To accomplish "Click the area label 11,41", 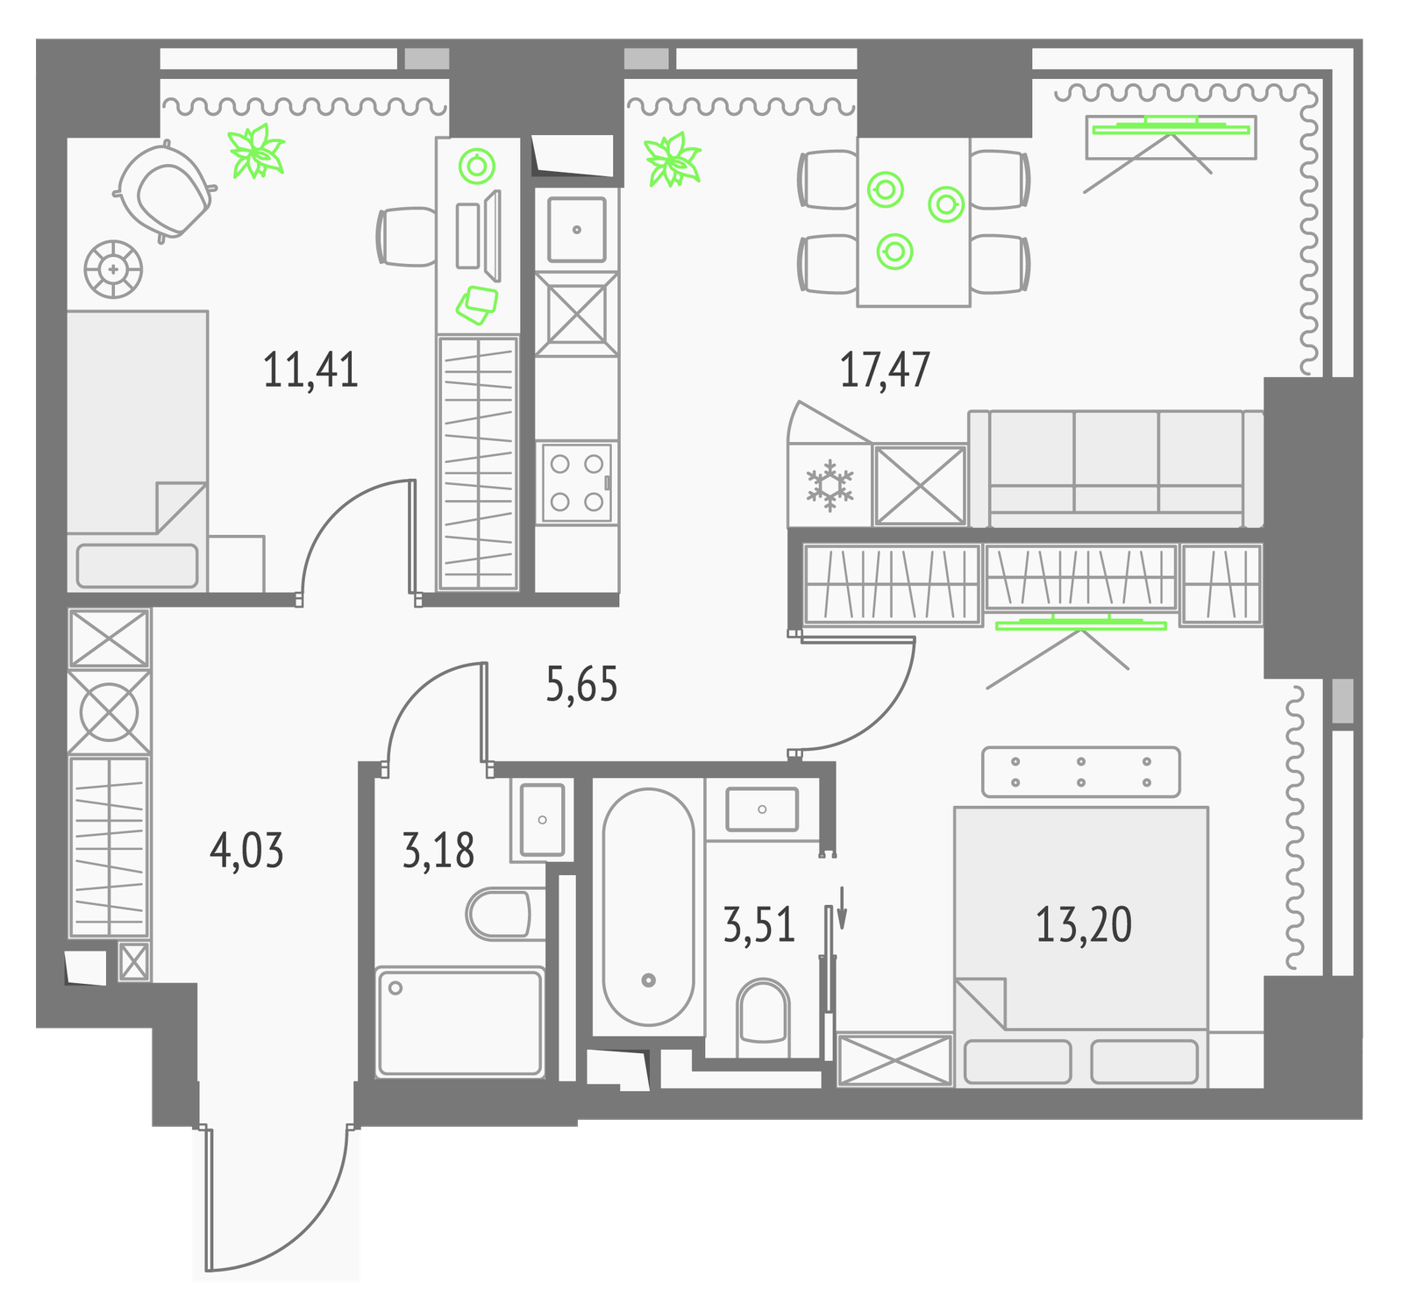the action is (310, 369).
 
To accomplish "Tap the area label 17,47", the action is (885, 369).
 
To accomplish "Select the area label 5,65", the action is (581, 684).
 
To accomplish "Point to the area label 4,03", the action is (247, 851).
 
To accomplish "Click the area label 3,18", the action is (438, 851).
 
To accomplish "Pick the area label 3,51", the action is (759, 924).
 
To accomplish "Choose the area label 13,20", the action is (1084, 924).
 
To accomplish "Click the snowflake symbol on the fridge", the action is (830, 486).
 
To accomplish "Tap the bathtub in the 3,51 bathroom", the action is (649, 907).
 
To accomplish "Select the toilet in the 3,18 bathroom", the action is (499, 914).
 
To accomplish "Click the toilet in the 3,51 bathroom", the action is (764, 1017).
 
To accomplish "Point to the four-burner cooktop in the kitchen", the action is (577, 482).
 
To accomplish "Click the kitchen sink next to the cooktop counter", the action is (576, 230).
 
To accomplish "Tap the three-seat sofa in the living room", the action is (1116, 469).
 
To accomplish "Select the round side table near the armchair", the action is (113, 269).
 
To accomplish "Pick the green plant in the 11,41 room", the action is (256, 151).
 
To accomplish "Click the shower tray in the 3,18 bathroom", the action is (459, 1022).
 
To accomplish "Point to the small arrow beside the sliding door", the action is (843, 907).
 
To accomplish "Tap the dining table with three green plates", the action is (914, 222).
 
